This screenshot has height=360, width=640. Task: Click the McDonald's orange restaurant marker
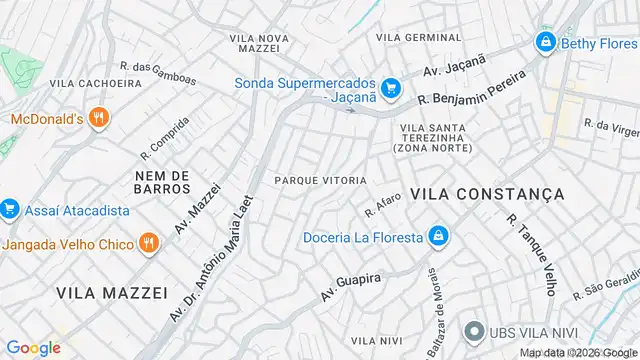[97, 119]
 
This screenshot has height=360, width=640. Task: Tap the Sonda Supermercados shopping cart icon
[391, 87]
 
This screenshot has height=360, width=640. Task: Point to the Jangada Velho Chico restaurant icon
[147, 243]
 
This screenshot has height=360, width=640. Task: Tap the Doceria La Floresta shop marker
[436, 237]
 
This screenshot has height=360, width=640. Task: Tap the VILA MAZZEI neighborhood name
[105, 292]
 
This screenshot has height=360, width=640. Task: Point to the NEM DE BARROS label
[161, 181]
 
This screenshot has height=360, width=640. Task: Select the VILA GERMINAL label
[419, 37]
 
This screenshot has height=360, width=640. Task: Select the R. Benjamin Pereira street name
[471, 88]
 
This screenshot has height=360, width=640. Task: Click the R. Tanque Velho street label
[531, 253]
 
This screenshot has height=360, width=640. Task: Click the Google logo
[34, 347]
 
